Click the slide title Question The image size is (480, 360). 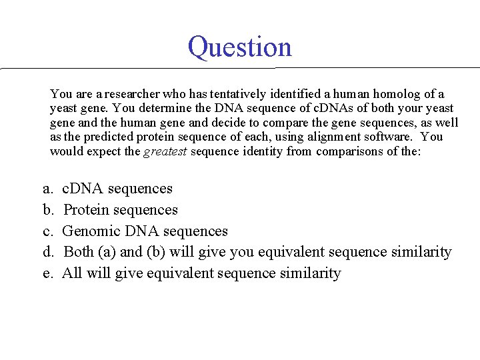[x=240, y=47]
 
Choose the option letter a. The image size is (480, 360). [x=47, y=189]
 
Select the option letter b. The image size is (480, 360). [x=48, y=210]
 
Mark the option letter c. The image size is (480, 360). [x=47, y=231]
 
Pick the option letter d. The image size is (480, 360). [x=48, y=252]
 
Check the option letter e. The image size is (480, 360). [x=47, y=273]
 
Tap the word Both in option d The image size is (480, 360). [x=79, y=252]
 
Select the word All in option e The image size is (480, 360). [x=71, y=273]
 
